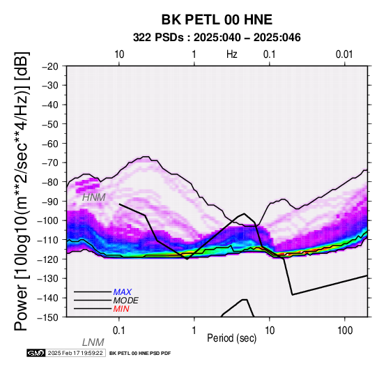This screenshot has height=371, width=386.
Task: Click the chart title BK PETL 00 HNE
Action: pyautogui.click(x=217, y=20)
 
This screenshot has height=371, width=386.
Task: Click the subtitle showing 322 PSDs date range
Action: pyautogui.click(x=217, y=38)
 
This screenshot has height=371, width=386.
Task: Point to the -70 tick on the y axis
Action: pyautogui.click(x=50, y=163)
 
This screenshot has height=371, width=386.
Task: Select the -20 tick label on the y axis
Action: pyautogui.click(x=50, y=66)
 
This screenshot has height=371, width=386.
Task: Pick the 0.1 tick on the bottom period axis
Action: pyautogui.click(x=119, y=331)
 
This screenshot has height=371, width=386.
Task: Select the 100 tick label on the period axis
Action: pyautogui.click(x=345, y=331)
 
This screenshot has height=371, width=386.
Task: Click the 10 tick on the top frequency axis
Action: pyautogui.click(x=119, y=54)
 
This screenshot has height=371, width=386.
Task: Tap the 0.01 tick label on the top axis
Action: pyautogui.click(x=344, y=54)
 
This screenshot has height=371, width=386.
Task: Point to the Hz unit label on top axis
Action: pyautogui.click(x=232, y=54)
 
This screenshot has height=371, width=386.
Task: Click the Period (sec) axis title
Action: pyautogui.click(x=231, y=338)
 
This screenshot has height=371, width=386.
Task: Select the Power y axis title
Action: pyautogui.click(x=22, y=191)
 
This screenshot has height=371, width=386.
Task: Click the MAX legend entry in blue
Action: pyautogui.click(x=123, y=292)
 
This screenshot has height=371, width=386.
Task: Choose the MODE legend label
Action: pyautogui.click(x=126, y=301)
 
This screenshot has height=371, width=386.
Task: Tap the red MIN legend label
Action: pyautogui.click(x=121, y=309)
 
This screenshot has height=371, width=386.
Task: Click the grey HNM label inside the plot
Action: pyautogui.click(x=94, y=197)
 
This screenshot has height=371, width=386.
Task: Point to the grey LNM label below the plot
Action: pyautogui.click(x=93, y=342)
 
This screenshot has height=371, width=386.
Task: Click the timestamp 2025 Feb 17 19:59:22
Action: pyautogui.click(x=75, y=353)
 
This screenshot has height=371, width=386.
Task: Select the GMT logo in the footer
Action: pyautogui.click(x=36, y=353)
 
